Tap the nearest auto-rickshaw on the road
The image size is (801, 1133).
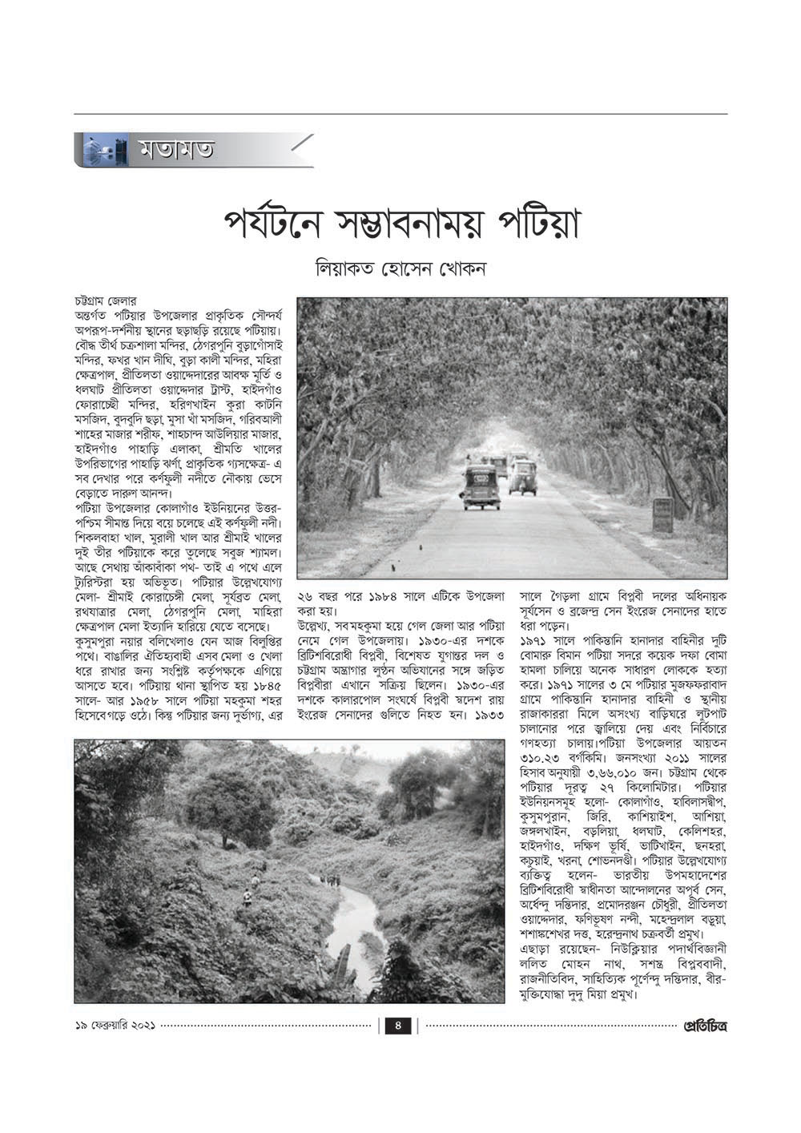[x=481, y=486]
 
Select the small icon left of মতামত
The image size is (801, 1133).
[x=105, y=150]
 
